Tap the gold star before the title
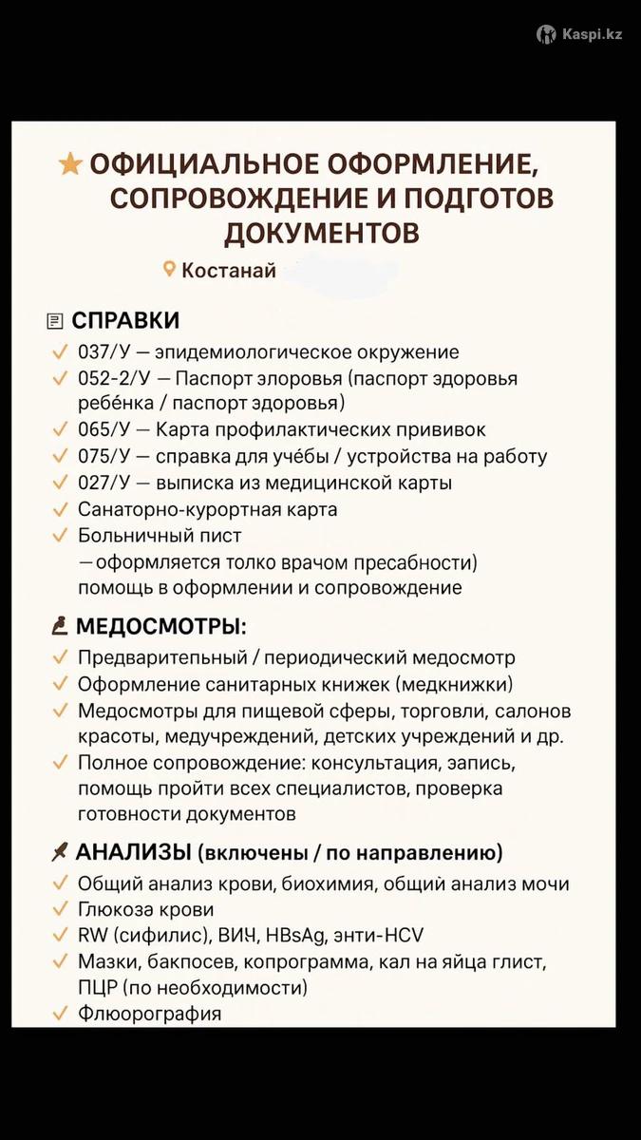pos(70,164)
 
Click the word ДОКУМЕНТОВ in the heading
pos(321,233)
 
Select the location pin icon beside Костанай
pos(170,270)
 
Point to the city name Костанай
pos(229,271)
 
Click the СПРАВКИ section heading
pos(125,320)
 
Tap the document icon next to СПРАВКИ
pos(55,321)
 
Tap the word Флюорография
pos(150,1014)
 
